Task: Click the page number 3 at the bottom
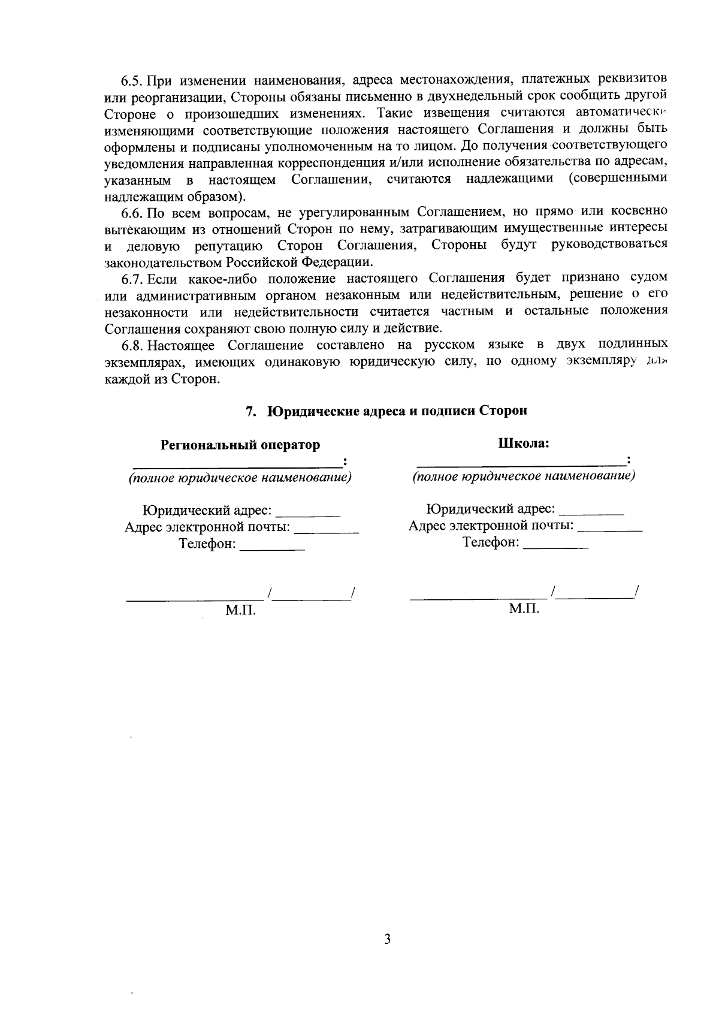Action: pos(387,938)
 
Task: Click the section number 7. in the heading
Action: pos(252,411)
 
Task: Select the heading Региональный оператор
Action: pos(240,445)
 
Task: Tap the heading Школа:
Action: pos(524,443)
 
